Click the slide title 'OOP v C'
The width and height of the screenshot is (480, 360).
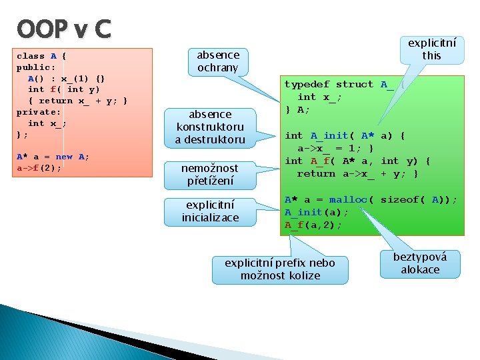click(64, 29)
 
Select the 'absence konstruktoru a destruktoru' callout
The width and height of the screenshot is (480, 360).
click(210, 127)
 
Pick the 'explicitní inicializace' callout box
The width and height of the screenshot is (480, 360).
click(210, 211)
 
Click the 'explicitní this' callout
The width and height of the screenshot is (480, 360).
click(432, 49)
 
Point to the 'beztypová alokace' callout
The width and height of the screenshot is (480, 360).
click(420, 263)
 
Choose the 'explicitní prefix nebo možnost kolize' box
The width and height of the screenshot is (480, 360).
click(280, 269)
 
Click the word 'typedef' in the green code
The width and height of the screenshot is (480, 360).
click(307, 85)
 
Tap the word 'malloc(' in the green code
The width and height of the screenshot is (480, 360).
click(350, 200)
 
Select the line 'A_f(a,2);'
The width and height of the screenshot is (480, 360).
click(313, 225)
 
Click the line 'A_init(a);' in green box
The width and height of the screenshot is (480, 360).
click(316, 213)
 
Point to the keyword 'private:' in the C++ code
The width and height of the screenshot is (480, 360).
click(39, 112)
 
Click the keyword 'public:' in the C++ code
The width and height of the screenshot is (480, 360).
click(36, 67)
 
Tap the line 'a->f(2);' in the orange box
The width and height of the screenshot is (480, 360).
click(39, 168)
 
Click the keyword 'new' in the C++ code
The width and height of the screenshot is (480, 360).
click(64, 157)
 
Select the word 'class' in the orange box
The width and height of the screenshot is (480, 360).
click(31, 56)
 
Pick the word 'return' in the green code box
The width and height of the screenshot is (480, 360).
click(316, 174)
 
